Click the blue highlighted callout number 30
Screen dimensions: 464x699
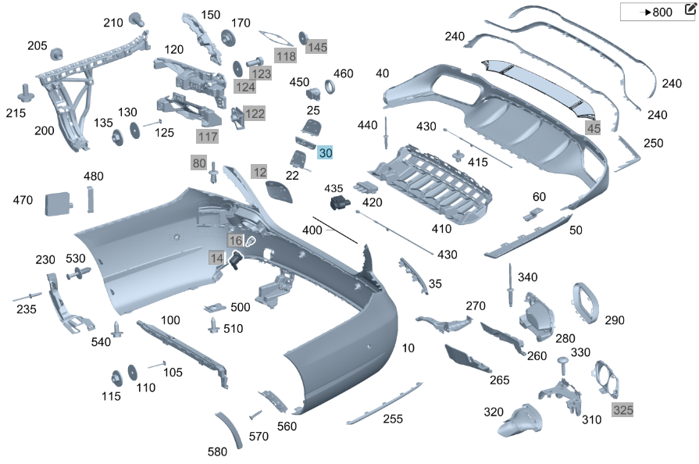326,153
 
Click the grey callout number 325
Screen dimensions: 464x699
622,409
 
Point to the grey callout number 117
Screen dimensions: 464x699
208,137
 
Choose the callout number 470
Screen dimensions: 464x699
23,201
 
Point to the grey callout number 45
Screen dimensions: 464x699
594,128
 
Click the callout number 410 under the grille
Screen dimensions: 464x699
442,230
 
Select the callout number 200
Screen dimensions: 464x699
45,130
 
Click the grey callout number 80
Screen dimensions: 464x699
199,163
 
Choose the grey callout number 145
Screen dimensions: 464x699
317,47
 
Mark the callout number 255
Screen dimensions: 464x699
393,419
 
